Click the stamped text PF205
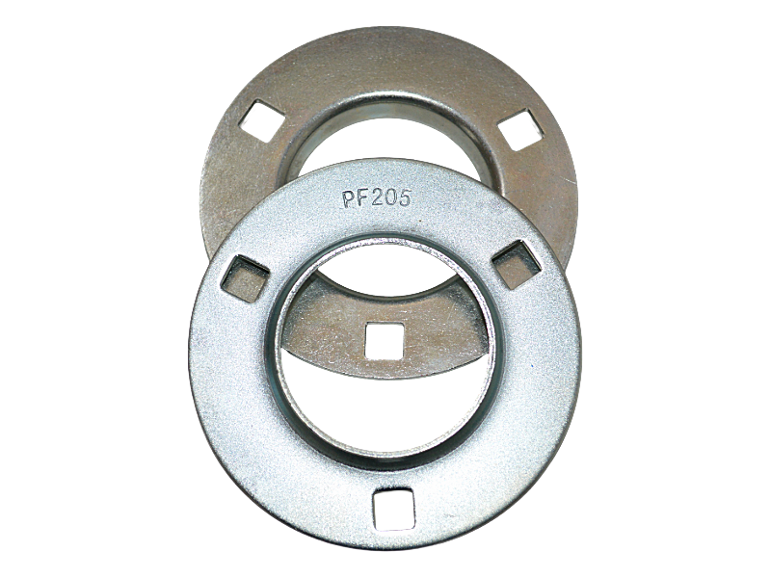click(x=377, y=198)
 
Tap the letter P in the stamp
click(x=349, y=199)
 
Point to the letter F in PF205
click(x=363, y=198)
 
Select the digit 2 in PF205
click(x=377, y=198)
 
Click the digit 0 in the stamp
click(x=391, y=198)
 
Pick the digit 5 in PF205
click(x=404, y=197)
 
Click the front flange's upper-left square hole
click(x=245, y=278)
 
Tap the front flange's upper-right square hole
click(x=517, y=264)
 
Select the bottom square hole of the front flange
click(x=394, y=510)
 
